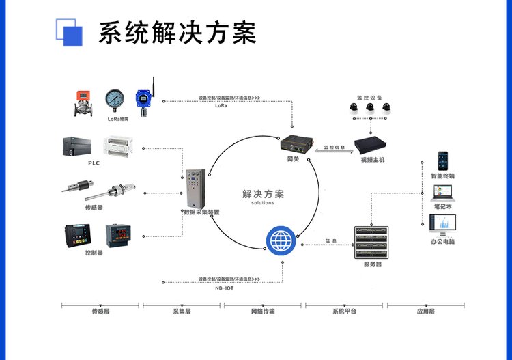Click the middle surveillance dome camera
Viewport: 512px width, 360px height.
coord(369,107)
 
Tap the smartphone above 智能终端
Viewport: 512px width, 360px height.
coord(443,161)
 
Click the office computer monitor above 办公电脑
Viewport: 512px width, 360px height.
coord(442,225)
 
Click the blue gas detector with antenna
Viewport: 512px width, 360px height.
coord(144,100)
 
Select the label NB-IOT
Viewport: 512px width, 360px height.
coord(224,288)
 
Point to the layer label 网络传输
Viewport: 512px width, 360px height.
coord(262,311)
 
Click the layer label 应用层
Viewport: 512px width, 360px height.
coord(425,311)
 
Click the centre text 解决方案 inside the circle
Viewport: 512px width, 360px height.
coord(263,194)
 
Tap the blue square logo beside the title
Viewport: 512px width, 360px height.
coord(68,31)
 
